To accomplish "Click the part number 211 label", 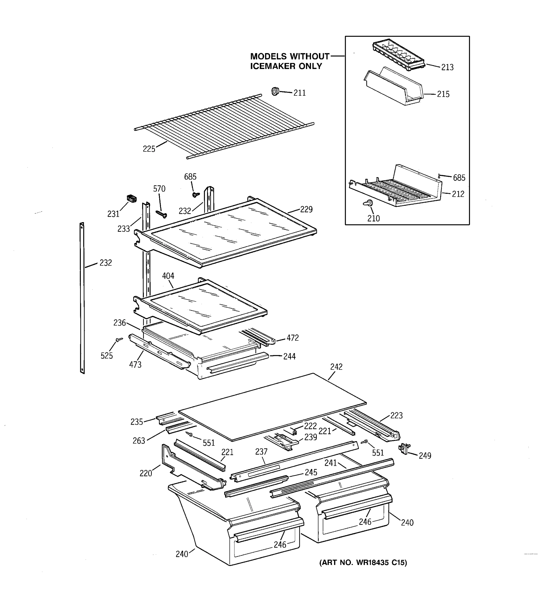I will pos(299,93).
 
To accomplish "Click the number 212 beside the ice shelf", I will pos(458,194).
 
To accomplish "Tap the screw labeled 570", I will pos(161,214).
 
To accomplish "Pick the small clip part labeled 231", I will pos(131,198).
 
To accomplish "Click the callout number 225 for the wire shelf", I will pos(149,149).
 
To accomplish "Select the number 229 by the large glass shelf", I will pos(306,209).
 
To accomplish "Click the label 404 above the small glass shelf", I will pos(168,276).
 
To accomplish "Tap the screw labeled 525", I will pos(119,340).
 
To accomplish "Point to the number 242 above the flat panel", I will pos(336,367).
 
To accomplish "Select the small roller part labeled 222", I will pos(294,432).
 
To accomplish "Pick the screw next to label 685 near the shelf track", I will pos(196,195).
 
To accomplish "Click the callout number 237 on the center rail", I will pos(261,452).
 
